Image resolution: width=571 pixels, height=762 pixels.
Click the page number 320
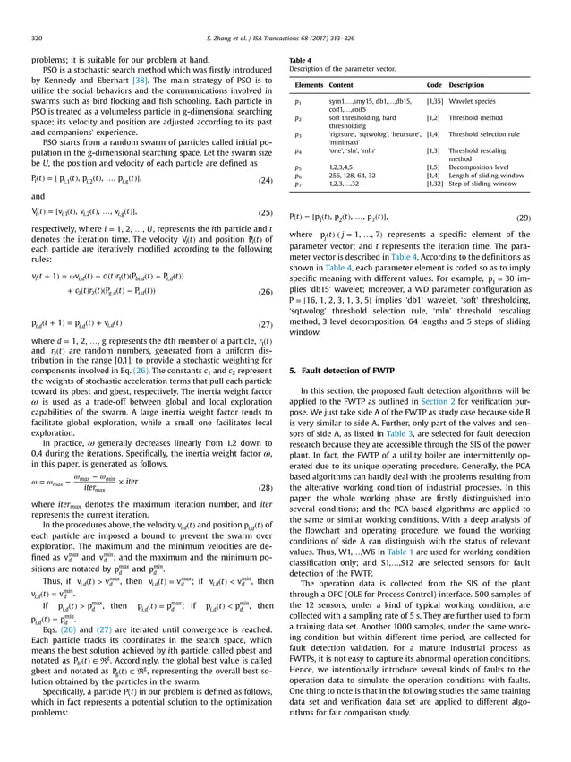pos(24,39)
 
